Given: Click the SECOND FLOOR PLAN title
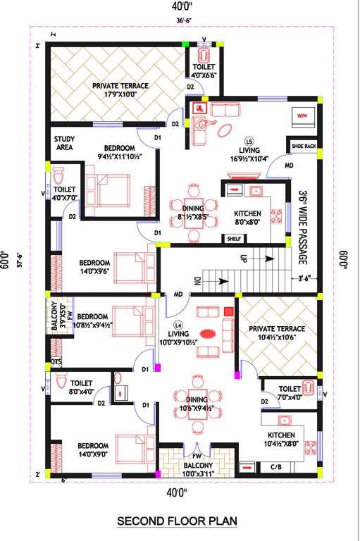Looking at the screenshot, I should click(x=177, y=521).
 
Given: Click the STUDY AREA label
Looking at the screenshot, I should click(x=65, y=144).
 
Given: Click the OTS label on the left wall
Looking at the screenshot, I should click(x=56, y=363).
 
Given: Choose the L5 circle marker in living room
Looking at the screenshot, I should click(x=249, y=139).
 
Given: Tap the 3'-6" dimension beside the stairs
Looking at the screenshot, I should click(x=304, y=278).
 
